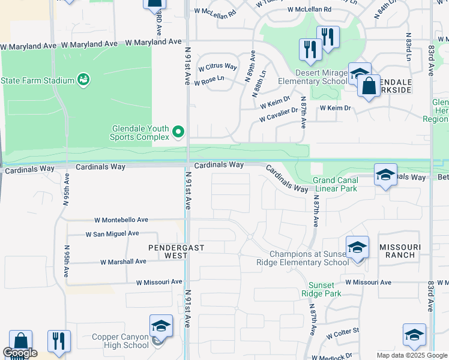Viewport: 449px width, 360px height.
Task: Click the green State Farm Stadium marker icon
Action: pos(83,80)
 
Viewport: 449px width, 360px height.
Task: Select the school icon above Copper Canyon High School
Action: pos(161,326)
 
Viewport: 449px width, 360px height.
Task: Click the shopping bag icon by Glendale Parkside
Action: pos(369,86)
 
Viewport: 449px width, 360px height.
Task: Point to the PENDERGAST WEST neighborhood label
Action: pos(169,251)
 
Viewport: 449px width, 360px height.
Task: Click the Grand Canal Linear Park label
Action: pos(334,184)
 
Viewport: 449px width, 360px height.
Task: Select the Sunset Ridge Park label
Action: pos(325,289)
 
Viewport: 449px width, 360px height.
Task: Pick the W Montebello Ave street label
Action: pos(121,221)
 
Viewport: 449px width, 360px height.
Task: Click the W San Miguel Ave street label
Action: pos(112,233)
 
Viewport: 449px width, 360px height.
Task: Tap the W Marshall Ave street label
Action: pos(123,262)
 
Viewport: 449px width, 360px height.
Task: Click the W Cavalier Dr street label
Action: pos(279,115)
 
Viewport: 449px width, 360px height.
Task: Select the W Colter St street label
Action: pos(343,331)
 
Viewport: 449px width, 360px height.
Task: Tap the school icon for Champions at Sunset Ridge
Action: pos(357,247)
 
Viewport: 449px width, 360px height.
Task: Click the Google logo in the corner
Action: pos(19,353)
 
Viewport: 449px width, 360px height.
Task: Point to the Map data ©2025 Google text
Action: pos(411,355)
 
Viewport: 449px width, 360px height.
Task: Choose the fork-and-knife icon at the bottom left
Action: pos(59,341)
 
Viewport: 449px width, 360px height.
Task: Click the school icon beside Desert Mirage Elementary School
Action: pos(360,74)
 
